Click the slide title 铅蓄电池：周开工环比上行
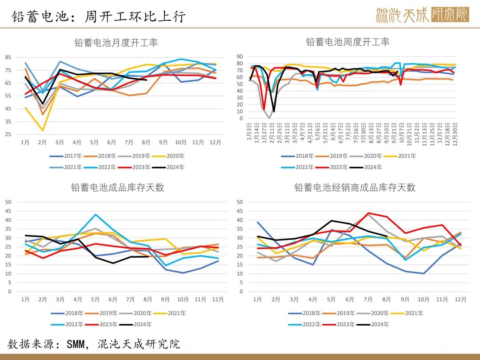point(98,16)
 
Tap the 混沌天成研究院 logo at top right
point(422,15)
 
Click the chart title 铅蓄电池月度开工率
point(116,43)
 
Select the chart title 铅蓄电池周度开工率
point(348,42)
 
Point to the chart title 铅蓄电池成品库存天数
point(117,187)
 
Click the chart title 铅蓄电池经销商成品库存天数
point(355,188)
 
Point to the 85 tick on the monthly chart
point(8,57)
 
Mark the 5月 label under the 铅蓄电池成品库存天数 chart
point(95,300)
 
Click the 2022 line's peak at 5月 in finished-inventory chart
point(95,215)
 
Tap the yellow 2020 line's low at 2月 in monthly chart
point(43,130)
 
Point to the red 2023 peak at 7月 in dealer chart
point(368,213)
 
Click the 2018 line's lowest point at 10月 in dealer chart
point(424,273)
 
